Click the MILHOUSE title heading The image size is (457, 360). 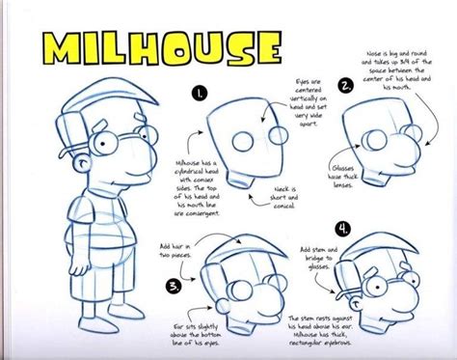coord(149,48)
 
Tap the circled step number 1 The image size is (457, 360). coord(198,95)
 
